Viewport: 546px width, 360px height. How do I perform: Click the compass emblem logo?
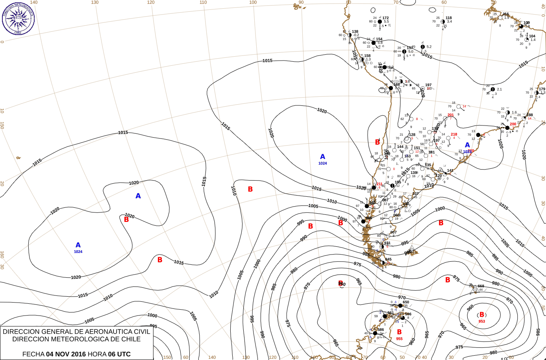click(x=18, y=18)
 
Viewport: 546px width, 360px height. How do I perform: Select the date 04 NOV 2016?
click(x=66, y=354)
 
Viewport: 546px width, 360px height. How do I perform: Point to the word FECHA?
click(x=33, y=354)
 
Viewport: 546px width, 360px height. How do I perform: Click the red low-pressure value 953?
click(x=482, y=321)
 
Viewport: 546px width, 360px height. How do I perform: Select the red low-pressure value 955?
click(x=399, y=339)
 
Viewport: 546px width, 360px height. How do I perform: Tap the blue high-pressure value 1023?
click(x=467, y=152)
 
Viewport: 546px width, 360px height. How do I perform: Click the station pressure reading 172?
click(x=385, y=18)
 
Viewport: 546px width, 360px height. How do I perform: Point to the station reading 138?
click(x=355, y=32)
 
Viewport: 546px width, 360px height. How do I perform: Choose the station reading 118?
click(x=449, y=18)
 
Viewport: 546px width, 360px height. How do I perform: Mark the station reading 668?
click(x=481, y=286)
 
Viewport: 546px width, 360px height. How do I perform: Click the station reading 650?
click(x=406, y=302)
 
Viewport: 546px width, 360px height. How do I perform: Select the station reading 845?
click(x=389, y=260)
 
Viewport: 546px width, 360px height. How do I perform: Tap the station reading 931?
click(x=387, y=243)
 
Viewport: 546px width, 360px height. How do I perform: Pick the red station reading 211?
click(x=379, y=184)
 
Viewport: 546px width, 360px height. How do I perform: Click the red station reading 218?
click(x=454, y=135)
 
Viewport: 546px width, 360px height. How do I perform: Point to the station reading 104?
click(x=532, y=36)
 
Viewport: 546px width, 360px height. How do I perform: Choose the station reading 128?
click(x=412, y=135)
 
